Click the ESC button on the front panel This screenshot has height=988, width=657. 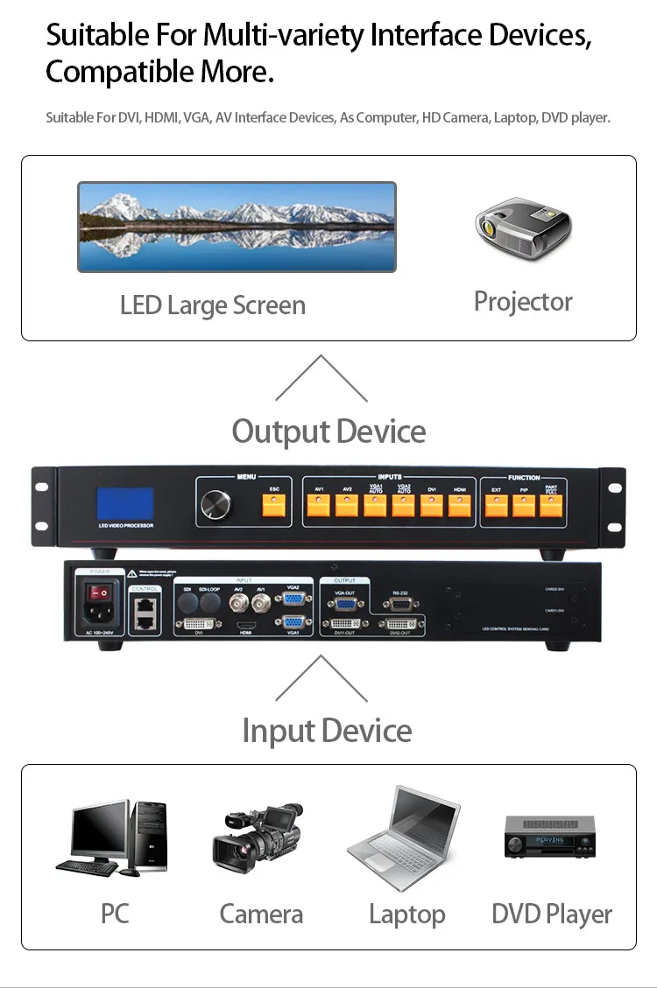pyautogui.click(x=273, y=503)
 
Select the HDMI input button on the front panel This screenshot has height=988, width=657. pyautogui.click(x=460, y=505)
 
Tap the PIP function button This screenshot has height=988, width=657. pyautogui.click(x=523, y=505)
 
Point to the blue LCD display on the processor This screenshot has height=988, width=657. pyautogui.click(x=124, y=503)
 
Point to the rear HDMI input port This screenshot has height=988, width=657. pyautogui.click(x=244, y=624)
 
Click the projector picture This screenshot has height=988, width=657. pyautogui.click(x=523, y=226)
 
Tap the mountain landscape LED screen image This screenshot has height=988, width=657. pyautogui.click(x=237, y=227)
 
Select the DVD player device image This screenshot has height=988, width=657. pyautogui.click(x=549, y=837)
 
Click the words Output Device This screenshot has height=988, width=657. pyautogui.click(x=328, y=431)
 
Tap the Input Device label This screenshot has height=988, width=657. pyautogui.click(x=327, y=731)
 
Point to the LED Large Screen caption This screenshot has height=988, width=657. pyautogui.click(x=213, y=305)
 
